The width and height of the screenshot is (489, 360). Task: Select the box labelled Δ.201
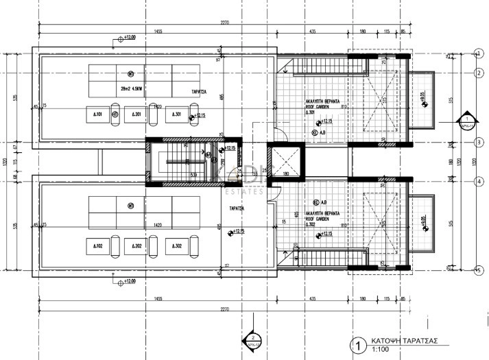[x=136, y=115]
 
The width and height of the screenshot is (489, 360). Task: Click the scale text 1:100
[x=381, y=351]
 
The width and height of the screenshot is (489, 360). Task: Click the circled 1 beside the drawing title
[x=357, y=346]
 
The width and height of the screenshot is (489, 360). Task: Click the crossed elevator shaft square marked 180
[x=284, y=163]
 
